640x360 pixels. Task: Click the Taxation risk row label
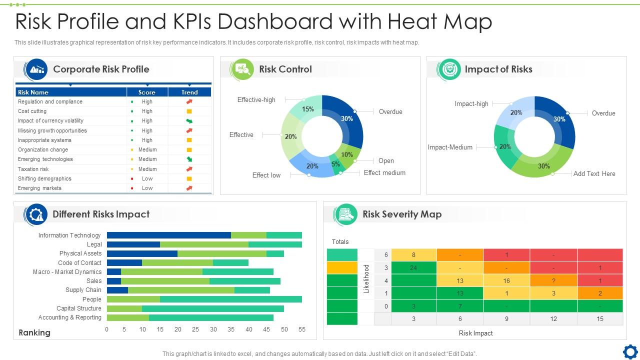(33, 169)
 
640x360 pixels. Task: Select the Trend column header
(189, 92)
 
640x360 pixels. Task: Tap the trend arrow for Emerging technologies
(189, 159)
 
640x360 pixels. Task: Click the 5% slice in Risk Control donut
(335, 164)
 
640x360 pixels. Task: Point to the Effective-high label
(256, 99)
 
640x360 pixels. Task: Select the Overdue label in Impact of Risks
(603, 113)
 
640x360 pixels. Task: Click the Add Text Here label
(594, 173)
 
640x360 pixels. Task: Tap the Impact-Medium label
(450, 147)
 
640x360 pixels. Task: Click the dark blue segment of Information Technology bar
(169, 235)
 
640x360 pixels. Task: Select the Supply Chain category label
(83, 290)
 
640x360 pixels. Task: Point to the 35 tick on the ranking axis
(231, 329)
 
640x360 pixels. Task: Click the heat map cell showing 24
(413, 267)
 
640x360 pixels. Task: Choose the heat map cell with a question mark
(553, 280)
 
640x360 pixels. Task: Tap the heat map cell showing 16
(506, 280)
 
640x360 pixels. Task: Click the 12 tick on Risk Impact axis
(553, 318)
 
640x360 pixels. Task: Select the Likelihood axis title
(366, 279)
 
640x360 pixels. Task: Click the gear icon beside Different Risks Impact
(36, 214)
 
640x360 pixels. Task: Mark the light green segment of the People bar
(133, 299)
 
